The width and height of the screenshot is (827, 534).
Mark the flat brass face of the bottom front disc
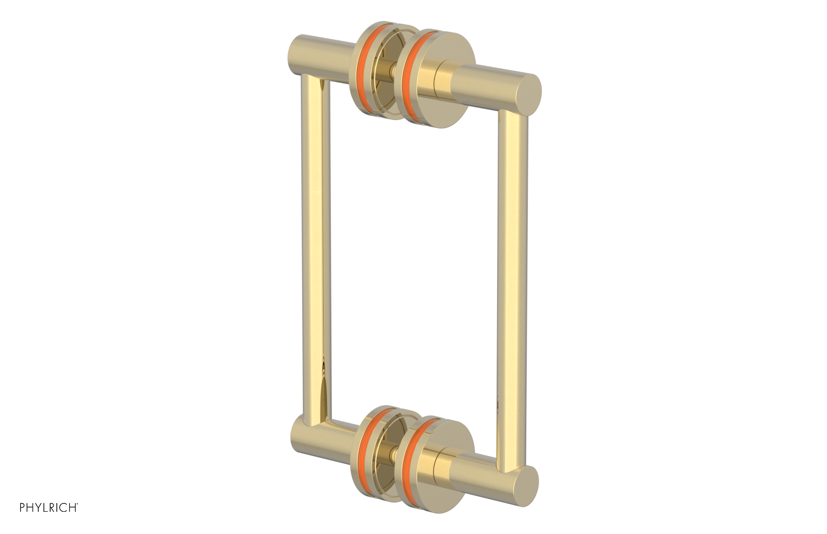[x=429, y=479]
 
